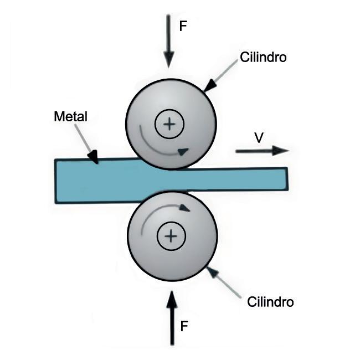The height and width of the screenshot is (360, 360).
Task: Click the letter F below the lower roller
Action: click(x=186, y=326)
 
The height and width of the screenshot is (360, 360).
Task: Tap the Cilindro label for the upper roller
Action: click(x=263, y=57)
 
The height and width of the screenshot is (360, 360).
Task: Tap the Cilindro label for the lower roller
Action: click(x=270, y=302)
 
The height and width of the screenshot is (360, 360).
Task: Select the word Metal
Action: click(x=70, y=117)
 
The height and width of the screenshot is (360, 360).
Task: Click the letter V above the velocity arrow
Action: click(x=258, y=138)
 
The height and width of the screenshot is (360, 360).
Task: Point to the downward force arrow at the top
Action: click(x=169, y=39)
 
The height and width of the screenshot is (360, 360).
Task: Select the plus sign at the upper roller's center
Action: click(x=169, y=124)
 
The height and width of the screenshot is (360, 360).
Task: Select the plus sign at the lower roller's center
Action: click(x=171, y=237)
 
